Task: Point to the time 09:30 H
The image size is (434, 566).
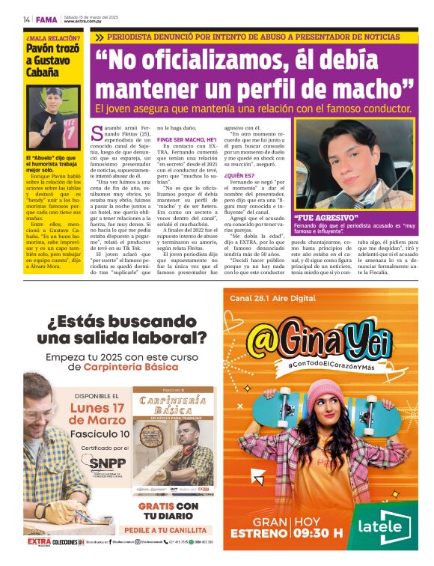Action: pos(318,533)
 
